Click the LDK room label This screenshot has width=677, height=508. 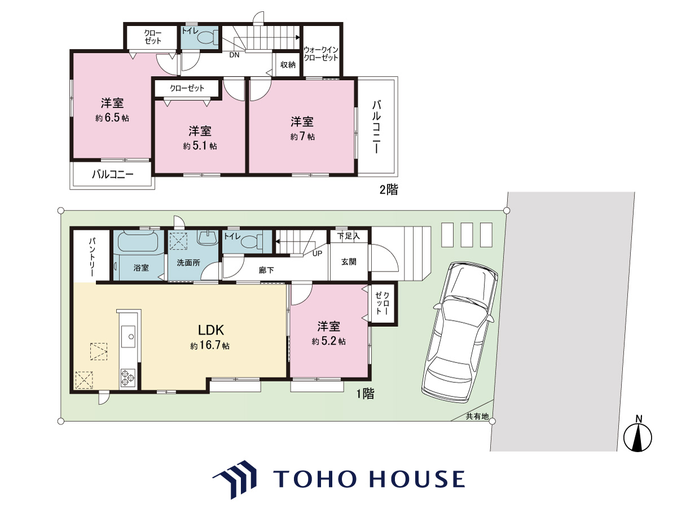(x=210, y=330)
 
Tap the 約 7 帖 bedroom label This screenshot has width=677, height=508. (x=302, y=137)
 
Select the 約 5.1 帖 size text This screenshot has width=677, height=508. (x=200, y=146)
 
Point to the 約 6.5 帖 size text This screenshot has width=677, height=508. (x=112, y=118)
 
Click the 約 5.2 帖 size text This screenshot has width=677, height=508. (x=328, y=341)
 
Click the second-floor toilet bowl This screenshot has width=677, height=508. (x=207, y=38)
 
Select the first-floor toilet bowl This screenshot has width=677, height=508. (x=252, y=241)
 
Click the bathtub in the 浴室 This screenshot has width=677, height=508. (x=138, y=242)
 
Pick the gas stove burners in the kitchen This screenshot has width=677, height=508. (x=128, y=378)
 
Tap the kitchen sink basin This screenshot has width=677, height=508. (x=128, y=336)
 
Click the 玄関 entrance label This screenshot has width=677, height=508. (x=349, y=262)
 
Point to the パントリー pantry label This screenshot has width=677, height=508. (x=92, y=257)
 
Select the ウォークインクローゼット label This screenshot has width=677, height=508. (x=321, y=54)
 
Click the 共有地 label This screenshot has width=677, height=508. (x=477, y=417)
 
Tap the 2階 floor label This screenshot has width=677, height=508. (x=389, y=189)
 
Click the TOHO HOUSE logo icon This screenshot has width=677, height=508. (x=235, y=479)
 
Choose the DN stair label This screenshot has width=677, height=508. (x=234, y=55)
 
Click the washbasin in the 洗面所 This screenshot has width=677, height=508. (x=207, y=238)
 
